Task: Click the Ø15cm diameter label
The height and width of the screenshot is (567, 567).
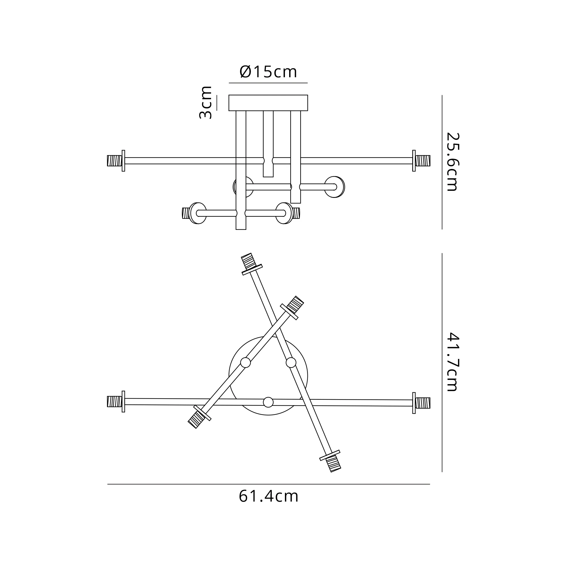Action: pos(268,72)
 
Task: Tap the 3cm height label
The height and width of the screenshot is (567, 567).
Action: pos(206,102)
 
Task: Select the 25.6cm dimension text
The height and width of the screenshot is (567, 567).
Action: pos(452,162)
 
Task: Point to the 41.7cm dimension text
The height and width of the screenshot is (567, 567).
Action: pos(452,362)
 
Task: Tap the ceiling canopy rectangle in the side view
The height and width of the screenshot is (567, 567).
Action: pos(268,103)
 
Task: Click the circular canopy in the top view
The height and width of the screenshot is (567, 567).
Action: pos(268,376)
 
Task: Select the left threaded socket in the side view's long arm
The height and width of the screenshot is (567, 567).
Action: pos(115,161)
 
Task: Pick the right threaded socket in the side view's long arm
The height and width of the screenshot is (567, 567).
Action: pos(423,161)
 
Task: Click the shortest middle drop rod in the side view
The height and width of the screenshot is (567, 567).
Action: pos(268,144)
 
